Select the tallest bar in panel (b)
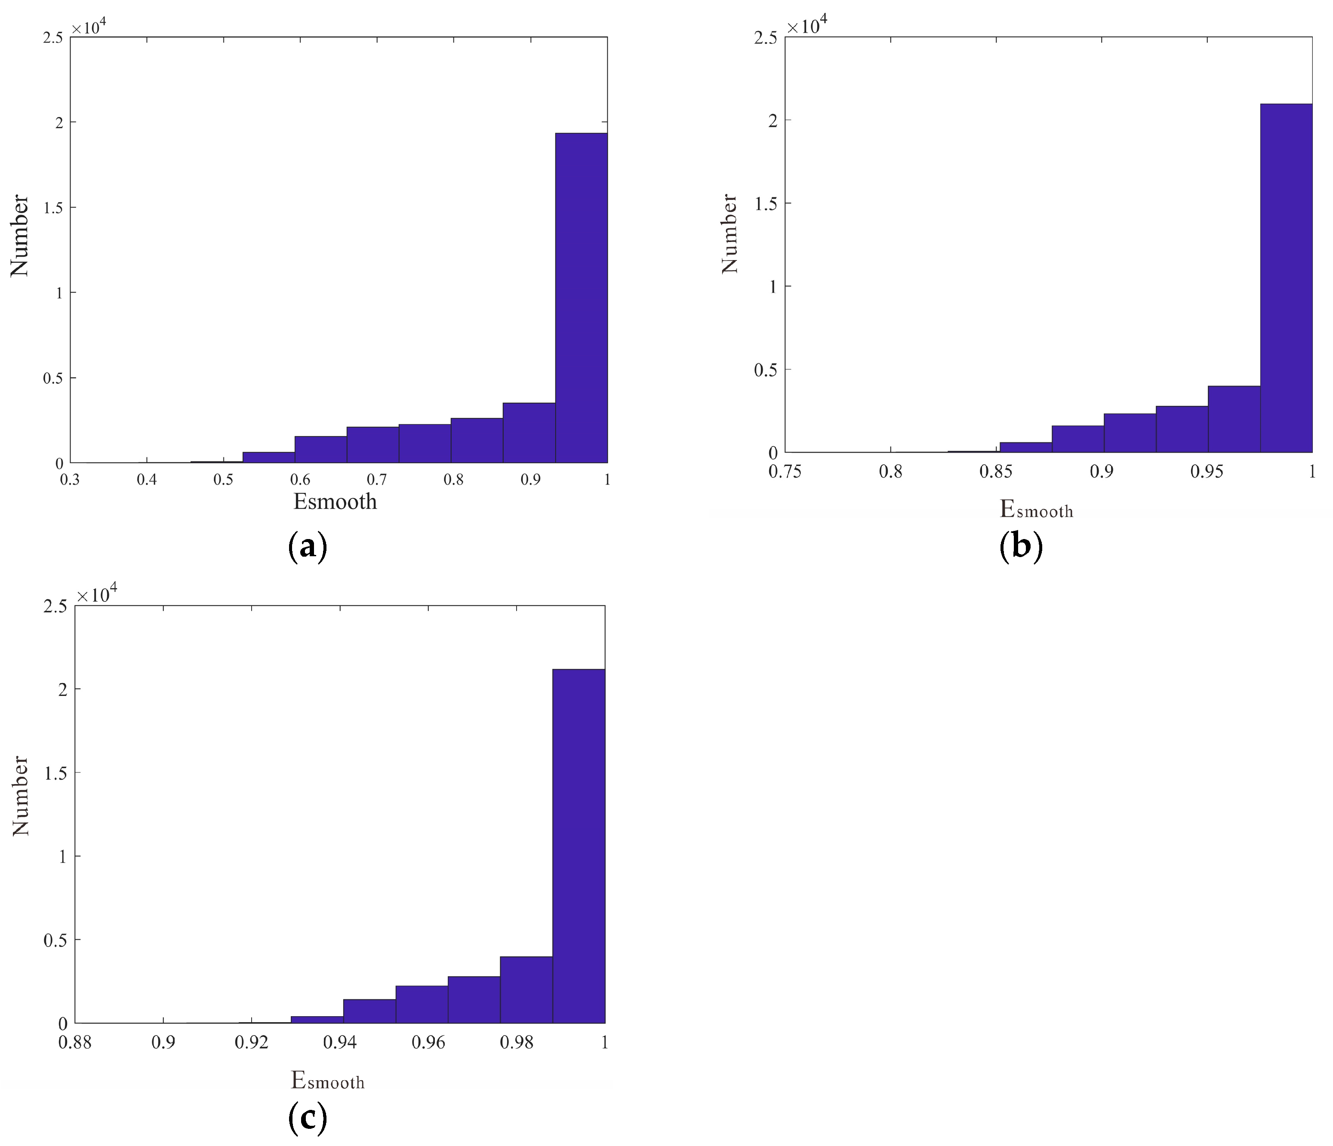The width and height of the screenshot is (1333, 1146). tap(1285, 278)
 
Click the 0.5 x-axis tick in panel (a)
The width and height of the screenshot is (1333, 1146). tap(223, 480)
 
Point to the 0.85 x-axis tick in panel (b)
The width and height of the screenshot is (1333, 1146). tap(996, 472)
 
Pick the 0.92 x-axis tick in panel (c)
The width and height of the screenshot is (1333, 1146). tap(252, 1042)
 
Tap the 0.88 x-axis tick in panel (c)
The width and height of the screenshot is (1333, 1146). tap(75, 1042)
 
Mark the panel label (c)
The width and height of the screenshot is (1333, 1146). tap(308, 1118)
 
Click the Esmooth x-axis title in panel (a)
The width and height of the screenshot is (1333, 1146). tap(335, 502)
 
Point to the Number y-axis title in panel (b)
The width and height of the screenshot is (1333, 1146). tap(730, 233)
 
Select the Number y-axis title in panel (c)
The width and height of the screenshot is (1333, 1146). tap(21, 796)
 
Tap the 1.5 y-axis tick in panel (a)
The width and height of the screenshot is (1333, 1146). tap(53, 207)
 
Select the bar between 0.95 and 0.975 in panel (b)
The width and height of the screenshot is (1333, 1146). tap(1233, 419)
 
